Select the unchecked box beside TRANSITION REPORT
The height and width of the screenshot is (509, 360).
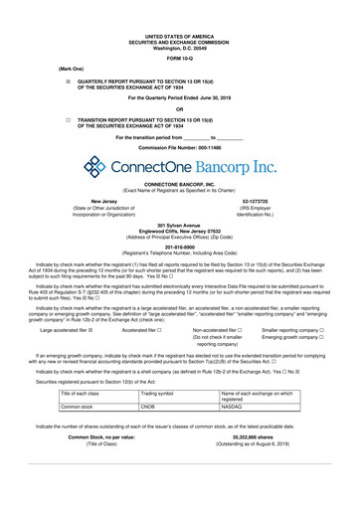[x=69, y=119]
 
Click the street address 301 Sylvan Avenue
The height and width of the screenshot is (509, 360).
[x=180, y=225]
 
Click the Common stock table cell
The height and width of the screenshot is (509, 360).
[x=78, y=406]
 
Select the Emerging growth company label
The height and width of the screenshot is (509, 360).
[x=289, y=338]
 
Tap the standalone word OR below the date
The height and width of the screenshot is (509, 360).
[x=180, y=108]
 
